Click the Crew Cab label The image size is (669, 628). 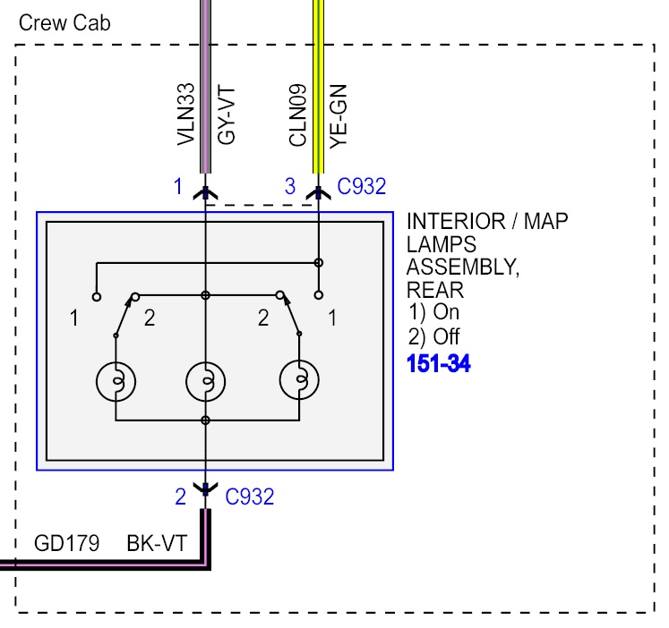tap(64, 23)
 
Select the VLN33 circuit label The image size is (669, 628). tap(185, 115)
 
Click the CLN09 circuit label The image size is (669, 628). tap(297, 115)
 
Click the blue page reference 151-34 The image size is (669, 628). tap(438, 364)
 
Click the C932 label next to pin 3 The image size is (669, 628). tap(361, 187)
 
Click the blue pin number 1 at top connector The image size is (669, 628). tap(178, 187)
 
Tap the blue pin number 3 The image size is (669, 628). tap(289, 187)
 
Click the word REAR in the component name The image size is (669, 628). tap(435, 290)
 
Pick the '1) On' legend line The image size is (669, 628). tap(433, 313)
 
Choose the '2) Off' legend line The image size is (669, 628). tap(433, 338)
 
